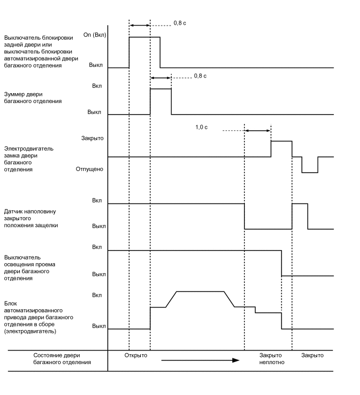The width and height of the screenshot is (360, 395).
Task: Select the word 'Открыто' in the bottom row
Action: (x=136, y=356)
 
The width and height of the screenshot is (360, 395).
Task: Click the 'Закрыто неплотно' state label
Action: (x=272, y=359)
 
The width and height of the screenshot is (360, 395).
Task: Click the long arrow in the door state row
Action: (x=200, y=360)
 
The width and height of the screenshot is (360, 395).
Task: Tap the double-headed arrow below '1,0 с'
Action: (x=257, y=131)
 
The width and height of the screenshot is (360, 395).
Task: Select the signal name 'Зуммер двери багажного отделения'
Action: (x=33, y=98)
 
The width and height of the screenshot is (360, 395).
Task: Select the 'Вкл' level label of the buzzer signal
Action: (x=97, y=86)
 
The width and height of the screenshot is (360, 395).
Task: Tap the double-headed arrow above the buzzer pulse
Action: (x=161, y=78)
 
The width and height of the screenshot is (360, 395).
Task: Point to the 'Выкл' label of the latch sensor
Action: (x=99, y=226)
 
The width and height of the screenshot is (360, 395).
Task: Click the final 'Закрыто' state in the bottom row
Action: (x=312, y=356)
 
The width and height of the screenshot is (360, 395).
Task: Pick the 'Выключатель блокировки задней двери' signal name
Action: (x=39, y=52)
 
